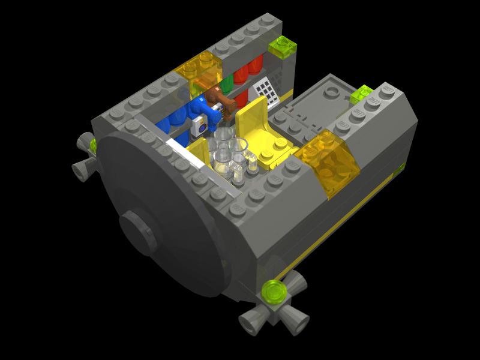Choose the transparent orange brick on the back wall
201,71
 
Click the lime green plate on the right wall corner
362,93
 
